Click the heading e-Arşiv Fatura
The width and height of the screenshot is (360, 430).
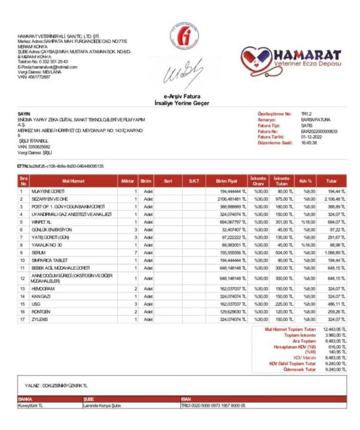click(x=182, y=96)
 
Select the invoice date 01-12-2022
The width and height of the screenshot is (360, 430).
click(x=311, y=137)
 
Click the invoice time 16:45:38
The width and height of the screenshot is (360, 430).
click(x=309, y=143)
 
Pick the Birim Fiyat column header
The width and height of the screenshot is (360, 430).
click(x=226, y=181)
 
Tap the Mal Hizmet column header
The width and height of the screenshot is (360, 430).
click(x=73, y=181)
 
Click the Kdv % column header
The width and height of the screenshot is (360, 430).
click(x=305, y=181)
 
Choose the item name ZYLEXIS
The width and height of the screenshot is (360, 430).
click(x=40, y=320)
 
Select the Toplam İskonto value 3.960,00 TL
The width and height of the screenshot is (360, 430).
click(x=335, y=335)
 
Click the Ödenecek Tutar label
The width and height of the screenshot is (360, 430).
click(x=299, y=369)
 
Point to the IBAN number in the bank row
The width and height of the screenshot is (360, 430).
click(x=213, y=406)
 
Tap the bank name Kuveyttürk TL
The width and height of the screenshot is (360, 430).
click(x=30, y=406)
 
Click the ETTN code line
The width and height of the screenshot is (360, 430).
click(x=60, y=166)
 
